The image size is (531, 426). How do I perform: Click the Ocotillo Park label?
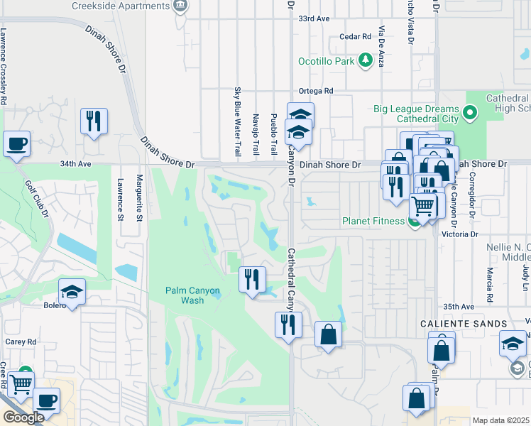(326, 61)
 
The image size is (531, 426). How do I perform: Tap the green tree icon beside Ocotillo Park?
(366, 60)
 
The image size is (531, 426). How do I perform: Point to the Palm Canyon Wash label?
(193, 295)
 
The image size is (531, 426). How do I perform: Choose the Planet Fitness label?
(372, 221)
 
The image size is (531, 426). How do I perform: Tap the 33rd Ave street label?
(314, 18)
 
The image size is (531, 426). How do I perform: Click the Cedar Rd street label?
(356, 36)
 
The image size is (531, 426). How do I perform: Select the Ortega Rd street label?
(316, 91)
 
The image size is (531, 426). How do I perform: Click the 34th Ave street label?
(76, 163)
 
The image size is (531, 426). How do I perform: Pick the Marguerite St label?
(140, 198)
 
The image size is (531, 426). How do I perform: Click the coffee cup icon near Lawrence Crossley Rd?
(17, 144)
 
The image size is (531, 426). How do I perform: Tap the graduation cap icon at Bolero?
(72, 292)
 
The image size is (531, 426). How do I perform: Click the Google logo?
(23, 417)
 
